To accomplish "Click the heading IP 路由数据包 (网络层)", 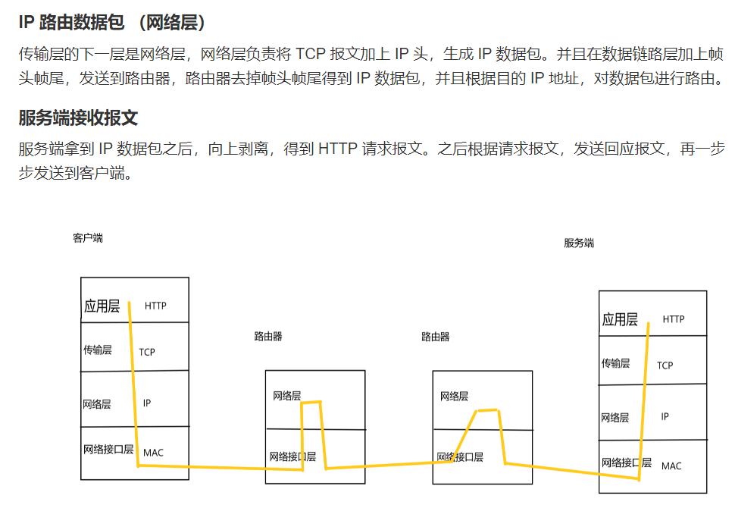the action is tap(112, 23).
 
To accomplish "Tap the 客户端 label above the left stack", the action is tap(88, 238).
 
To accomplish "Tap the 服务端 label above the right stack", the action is tap(579, 243).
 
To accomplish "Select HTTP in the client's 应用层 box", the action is tap(155, 306).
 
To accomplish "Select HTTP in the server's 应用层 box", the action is tap(673, 319).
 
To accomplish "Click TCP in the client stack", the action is tap(147, 352).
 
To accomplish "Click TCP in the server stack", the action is tap(665, 365).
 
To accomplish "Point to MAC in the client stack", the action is tap(153, 453).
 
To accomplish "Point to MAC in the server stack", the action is tap(671, 466).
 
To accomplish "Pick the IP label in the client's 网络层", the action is tap(147, 403).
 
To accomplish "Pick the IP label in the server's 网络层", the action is tap(665, 416).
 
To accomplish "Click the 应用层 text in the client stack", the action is tap(102, 306).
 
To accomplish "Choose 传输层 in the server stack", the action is tap(615, 363).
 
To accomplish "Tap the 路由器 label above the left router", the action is tap(268, 337).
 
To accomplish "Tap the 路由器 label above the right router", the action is tap(436, 337).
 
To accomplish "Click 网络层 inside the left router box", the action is tap(287, 397).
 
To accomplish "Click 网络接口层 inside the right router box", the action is tap(460, 457).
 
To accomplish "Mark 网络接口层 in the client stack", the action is tap(108, 450).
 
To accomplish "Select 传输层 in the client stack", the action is tap(98, 350).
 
